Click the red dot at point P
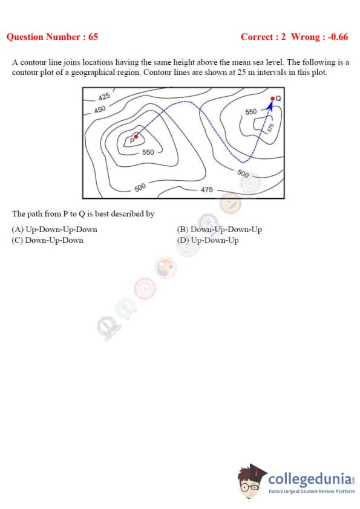(136, 137)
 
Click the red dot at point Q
(273, 99)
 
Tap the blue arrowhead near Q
(270, 105)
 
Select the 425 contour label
(104, 96)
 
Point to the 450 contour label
(100, 109)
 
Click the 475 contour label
(207, 189)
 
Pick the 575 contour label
(270, 127)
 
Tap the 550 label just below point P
(148, 152)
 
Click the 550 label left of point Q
(250, 112)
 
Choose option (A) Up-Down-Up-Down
(54, 230)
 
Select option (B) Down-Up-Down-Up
(219, 230)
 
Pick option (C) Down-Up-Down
(47, 241)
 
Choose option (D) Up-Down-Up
(208, 241)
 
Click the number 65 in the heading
(93, 37)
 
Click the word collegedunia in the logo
(310, 479)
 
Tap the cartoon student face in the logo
(250, 481)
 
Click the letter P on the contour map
(132, 141)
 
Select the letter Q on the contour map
(278, 99)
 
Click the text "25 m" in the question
(246, 72)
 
